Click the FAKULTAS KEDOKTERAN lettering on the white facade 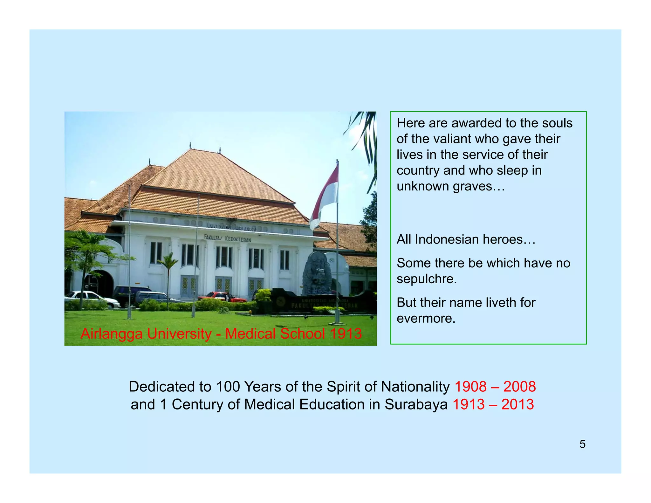point(227,238)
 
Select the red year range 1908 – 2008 point(495,387)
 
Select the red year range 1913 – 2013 point(493,404)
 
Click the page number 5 point(582,444)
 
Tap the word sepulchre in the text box point(426,279)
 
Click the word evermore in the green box point(426,318)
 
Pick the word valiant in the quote point(455,139)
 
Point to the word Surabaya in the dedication point(416,404)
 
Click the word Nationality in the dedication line point(415,387)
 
